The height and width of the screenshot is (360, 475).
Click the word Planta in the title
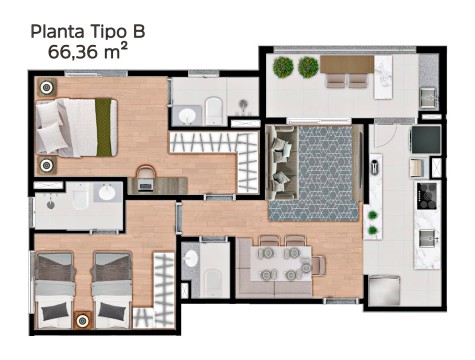tap(57, 32)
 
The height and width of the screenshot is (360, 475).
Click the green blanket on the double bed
tap(103, 127)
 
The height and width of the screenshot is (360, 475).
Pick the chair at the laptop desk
tap(146, 172)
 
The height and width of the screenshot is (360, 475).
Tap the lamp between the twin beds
tap(82, 320)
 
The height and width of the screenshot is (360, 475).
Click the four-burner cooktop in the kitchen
tap(426, 196)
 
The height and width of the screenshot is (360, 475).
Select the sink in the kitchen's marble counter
tap(427, 238)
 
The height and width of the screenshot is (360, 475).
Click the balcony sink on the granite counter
tap(428, 97)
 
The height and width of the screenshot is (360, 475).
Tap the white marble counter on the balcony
tap(383, 77)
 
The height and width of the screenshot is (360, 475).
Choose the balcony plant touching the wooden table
tap(308, 67)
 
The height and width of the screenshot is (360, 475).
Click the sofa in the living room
tap(282, 163)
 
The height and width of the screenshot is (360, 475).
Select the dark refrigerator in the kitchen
tap(426, 139)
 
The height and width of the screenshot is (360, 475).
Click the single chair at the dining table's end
tap(318, 265)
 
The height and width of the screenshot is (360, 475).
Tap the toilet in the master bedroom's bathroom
tap(214, 110)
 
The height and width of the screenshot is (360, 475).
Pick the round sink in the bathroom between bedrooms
tap(107, 192)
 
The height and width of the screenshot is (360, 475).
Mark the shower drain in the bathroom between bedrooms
tap(50, 204)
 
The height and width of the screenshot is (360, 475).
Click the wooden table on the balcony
tap(347, 64)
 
